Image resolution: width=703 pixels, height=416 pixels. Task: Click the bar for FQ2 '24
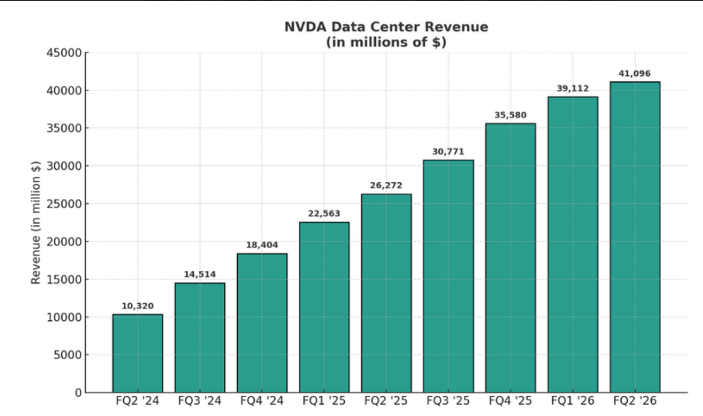(x=138, y=353)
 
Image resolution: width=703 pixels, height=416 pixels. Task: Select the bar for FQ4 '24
(x=262, y=323)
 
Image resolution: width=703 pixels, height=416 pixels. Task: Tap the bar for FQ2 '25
(x=386, y=293)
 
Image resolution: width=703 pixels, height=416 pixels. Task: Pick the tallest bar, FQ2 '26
(x=635, y=237)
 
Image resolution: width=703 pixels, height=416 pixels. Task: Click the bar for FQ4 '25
(x=510, y=258)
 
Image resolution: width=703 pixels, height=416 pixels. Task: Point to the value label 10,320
(x=138, y=306)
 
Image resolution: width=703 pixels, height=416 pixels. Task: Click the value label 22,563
(x=324, y=213)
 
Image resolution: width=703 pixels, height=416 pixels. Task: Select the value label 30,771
(x=448, y=152)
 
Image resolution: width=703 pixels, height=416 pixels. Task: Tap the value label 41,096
(x=635, y=74)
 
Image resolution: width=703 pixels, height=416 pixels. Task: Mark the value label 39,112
(x=573, y=88)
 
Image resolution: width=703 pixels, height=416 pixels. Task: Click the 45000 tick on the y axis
(x=64, y=53)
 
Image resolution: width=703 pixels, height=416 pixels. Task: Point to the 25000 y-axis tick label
(x=64, y=204)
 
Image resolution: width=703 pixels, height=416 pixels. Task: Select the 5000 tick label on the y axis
(x=68, y=355)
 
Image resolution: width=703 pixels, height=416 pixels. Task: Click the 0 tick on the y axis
(x=78, y=393)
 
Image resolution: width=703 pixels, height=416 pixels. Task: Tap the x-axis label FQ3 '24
(x=200, y=401)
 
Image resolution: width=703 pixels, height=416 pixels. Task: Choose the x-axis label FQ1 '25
(x=324, y=401)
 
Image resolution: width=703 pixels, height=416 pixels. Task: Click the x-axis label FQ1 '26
(x=573, y=401)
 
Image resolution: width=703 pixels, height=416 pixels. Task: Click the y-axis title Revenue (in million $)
(x=36, y=223)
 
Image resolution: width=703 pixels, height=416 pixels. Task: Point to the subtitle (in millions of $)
(x=386, y=42)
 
